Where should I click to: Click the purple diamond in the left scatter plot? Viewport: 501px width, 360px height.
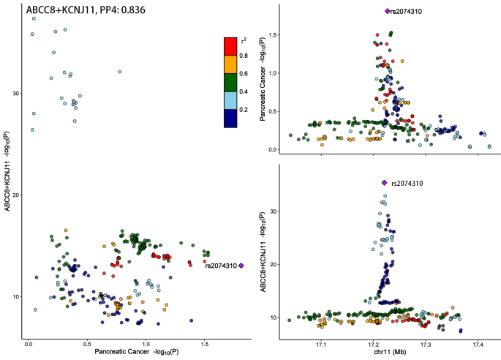click(241, 266)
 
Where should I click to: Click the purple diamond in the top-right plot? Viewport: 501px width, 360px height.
click(387, 11)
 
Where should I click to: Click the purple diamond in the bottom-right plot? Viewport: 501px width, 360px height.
click(385, 182)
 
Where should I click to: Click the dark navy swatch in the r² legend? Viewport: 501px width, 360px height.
click(230, 119)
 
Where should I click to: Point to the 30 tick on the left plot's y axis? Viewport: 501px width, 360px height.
click(16, 93)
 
